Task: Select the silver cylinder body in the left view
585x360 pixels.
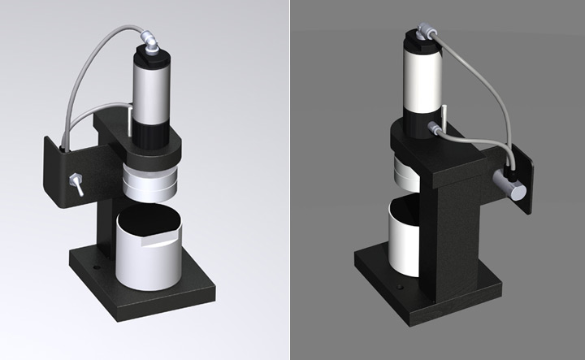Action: pyautogui.click(x=152, y=93)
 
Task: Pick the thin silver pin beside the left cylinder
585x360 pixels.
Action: pyautogui.click(x=130, y=119)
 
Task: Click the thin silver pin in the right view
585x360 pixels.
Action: pyautogui.click(x=445, y=109)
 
